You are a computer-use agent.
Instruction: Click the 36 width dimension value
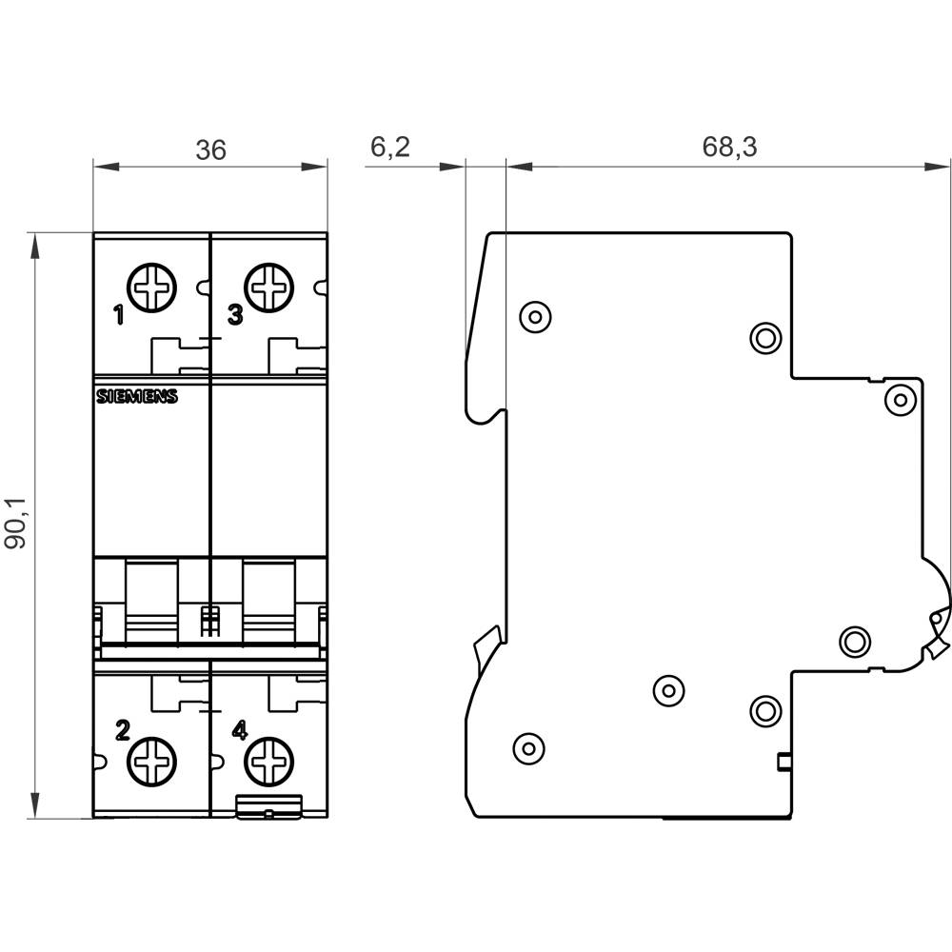[x=211, y=149]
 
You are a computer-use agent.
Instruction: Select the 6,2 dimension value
[x=389, y=147]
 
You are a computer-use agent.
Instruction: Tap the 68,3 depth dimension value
[x=729, y=147]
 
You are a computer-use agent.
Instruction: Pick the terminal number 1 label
[x=119, y=316]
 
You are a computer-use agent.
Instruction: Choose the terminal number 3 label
[x=235, y=315]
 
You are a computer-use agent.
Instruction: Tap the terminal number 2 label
[x=122, y=730]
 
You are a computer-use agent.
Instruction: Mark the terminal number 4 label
[x=239, y=730]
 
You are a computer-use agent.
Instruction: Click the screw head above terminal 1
[x=152, y=287]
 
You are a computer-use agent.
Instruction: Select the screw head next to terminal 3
[x=268, y=287]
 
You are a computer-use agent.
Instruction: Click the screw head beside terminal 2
[x=152, y=761]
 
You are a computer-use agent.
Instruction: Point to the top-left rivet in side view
[x=535, y=315]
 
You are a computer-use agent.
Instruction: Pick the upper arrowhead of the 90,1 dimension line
[x=35, y=246]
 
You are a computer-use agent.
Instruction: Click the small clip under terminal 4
[x=269, y=809]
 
